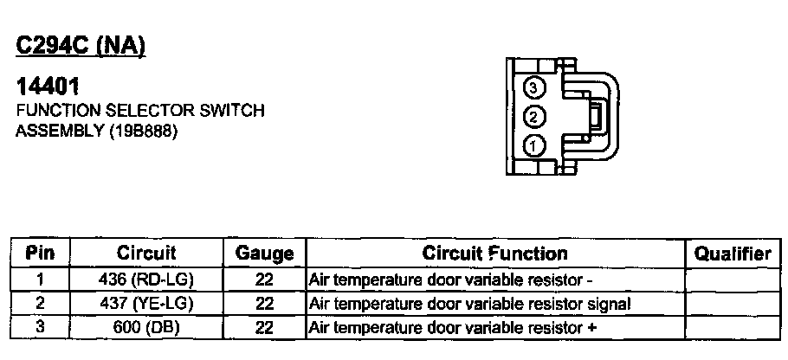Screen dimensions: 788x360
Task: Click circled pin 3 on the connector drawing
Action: [535, 87]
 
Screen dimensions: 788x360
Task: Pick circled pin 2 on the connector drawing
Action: [535, 116]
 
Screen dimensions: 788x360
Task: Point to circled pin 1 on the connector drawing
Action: [535, 145]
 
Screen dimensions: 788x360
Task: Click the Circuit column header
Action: [146, 254]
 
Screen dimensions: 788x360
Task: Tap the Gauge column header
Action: [264, 254]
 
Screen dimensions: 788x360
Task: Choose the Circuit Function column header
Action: [494, 254]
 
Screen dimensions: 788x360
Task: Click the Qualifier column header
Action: [733, 254]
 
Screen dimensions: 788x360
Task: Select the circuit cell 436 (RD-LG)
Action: [146, 280]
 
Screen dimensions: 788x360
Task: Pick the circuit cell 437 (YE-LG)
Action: [146, 304]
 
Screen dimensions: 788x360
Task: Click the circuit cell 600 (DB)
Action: [146, 327]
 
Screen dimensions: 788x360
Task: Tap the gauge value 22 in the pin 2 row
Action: [265, 304]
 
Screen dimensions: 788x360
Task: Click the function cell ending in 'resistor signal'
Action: [469, 304]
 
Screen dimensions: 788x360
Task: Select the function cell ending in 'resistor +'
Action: [453, 327]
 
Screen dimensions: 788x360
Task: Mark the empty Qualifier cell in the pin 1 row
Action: [733, 280]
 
